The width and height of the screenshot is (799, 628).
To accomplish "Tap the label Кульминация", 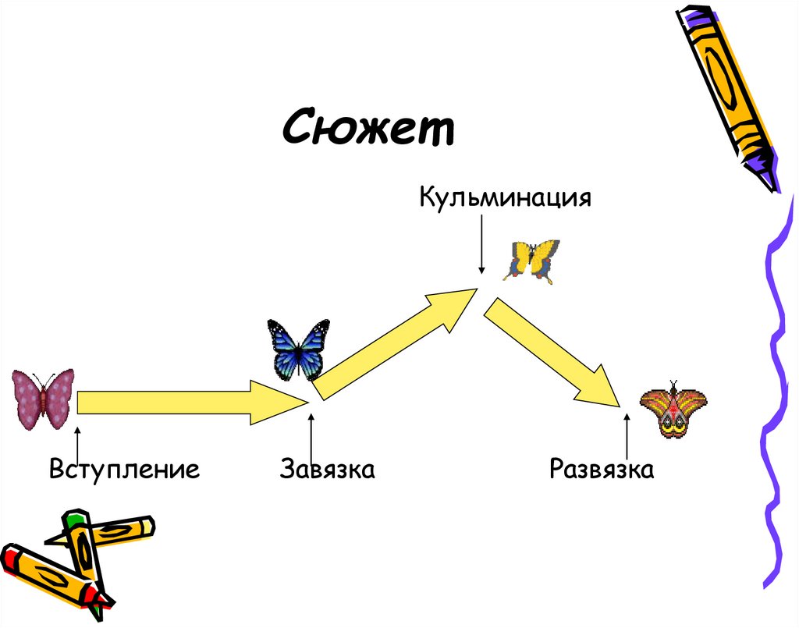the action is click(505, 196).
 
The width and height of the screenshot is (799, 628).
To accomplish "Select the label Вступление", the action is click(124, 470).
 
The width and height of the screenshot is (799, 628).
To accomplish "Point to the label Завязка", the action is click(328, 470).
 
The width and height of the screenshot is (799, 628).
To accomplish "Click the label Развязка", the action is click(601, 470).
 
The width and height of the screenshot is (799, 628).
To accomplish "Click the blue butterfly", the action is click(297, 348).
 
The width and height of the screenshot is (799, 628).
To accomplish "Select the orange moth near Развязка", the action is click(673, 409).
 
